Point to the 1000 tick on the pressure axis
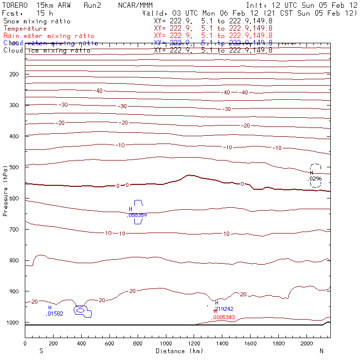click(15, 323)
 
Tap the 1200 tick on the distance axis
click(194, 343)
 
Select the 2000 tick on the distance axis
click(307, 343)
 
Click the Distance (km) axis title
click(179, 351)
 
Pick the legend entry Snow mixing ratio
click(37, 21)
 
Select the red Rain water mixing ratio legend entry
click(49, 36)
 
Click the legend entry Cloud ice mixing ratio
click(47, 51)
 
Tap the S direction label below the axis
click(41, 351)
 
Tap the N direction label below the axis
click(321, 351)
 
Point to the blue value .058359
click(137, 215)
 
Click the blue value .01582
click(54, 314)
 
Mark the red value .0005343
click(223, 317)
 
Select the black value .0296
click(315, 179)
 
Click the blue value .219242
click(224, 309)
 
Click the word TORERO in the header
click(14, 5)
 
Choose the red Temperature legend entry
click(25, 29)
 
